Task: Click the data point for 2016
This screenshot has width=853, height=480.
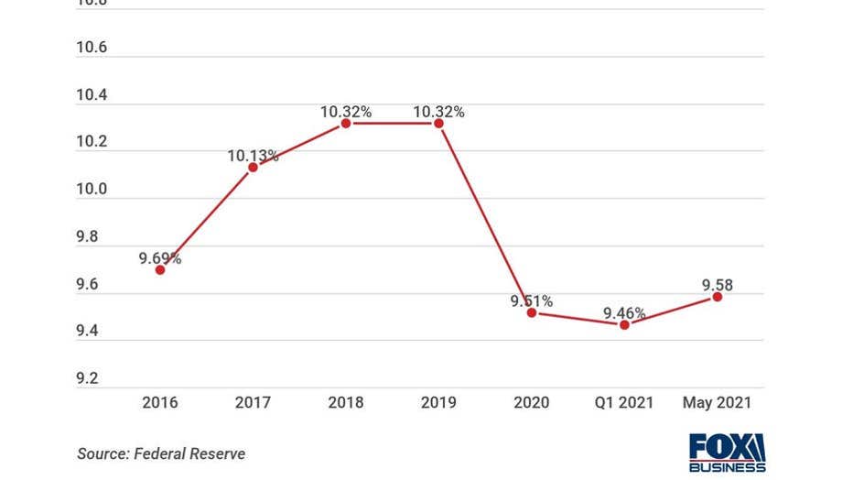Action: [160, 269]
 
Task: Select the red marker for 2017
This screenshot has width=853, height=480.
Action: [253, 167]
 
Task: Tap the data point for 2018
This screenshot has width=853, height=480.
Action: [346, 123]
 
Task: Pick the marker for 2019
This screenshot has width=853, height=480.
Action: [438, 123]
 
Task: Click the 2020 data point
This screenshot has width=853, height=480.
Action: [532, 312]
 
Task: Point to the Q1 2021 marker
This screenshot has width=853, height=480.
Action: [624, 324]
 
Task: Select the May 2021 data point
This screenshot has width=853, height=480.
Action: [718, 297]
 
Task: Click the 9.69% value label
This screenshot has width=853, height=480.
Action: [160, 258]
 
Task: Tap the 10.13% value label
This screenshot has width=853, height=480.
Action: [253, 156]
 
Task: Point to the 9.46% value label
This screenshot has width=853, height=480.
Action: [624, 313]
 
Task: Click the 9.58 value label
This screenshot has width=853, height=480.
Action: [718, 286]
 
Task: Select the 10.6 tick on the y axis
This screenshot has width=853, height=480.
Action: [92, 48]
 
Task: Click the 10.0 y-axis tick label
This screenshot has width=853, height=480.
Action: [92, 190]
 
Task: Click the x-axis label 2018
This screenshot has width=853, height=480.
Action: [346, 402]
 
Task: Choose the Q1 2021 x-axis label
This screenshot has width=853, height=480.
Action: [624, 402]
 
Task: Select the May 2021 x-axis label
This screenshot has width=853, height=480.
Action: [718, 402]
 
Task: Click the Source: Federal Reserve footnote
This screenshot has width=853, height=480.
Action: [161, 453]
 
